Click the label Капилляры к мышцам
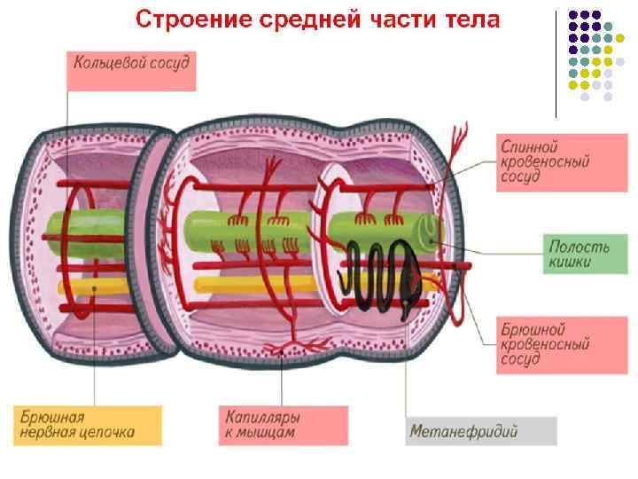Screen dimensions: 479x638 271,423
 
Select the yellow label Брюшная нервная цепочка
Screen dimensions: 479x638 86,423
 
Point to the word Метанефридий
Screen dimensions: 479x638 463,432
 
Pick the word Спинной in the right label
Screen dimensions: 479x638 530,145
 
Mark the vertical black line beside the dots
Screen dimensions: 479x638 556,63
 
